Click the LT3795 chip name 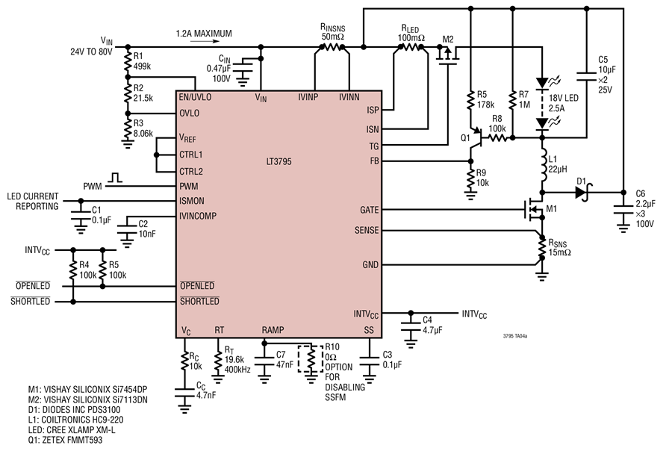[x=279, y=161]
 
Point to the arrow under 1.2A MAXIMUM [x=205, y=42]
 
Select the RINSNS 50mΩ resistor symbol [x=332, y=47]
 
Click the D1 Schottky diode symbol [x=582, y=193]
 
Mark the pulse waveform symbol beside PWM [x=114, y=178]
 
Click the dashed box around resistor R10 [x=311, y=358]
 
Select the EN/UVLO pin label [x=195, y=97]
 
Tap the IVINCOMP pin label [x=198, y=216]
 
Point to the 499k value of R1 [x=143, y=66]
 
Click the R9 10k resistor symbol [x=470, y=178]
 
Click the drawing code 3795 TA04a [x=515, y=336]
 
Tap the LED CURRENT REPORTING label [x=33, y=201]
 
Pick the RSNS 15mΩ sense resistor [x=542, y=247]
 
